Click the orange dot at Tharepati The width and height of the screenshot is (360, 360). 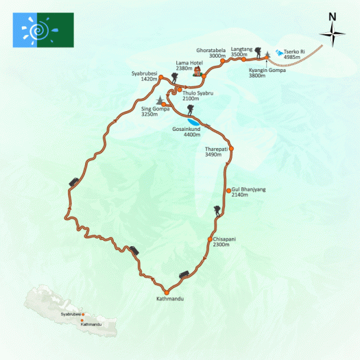pos(231,148)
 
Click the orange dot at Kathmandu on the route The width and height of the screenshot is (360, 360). pos(166,292)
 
